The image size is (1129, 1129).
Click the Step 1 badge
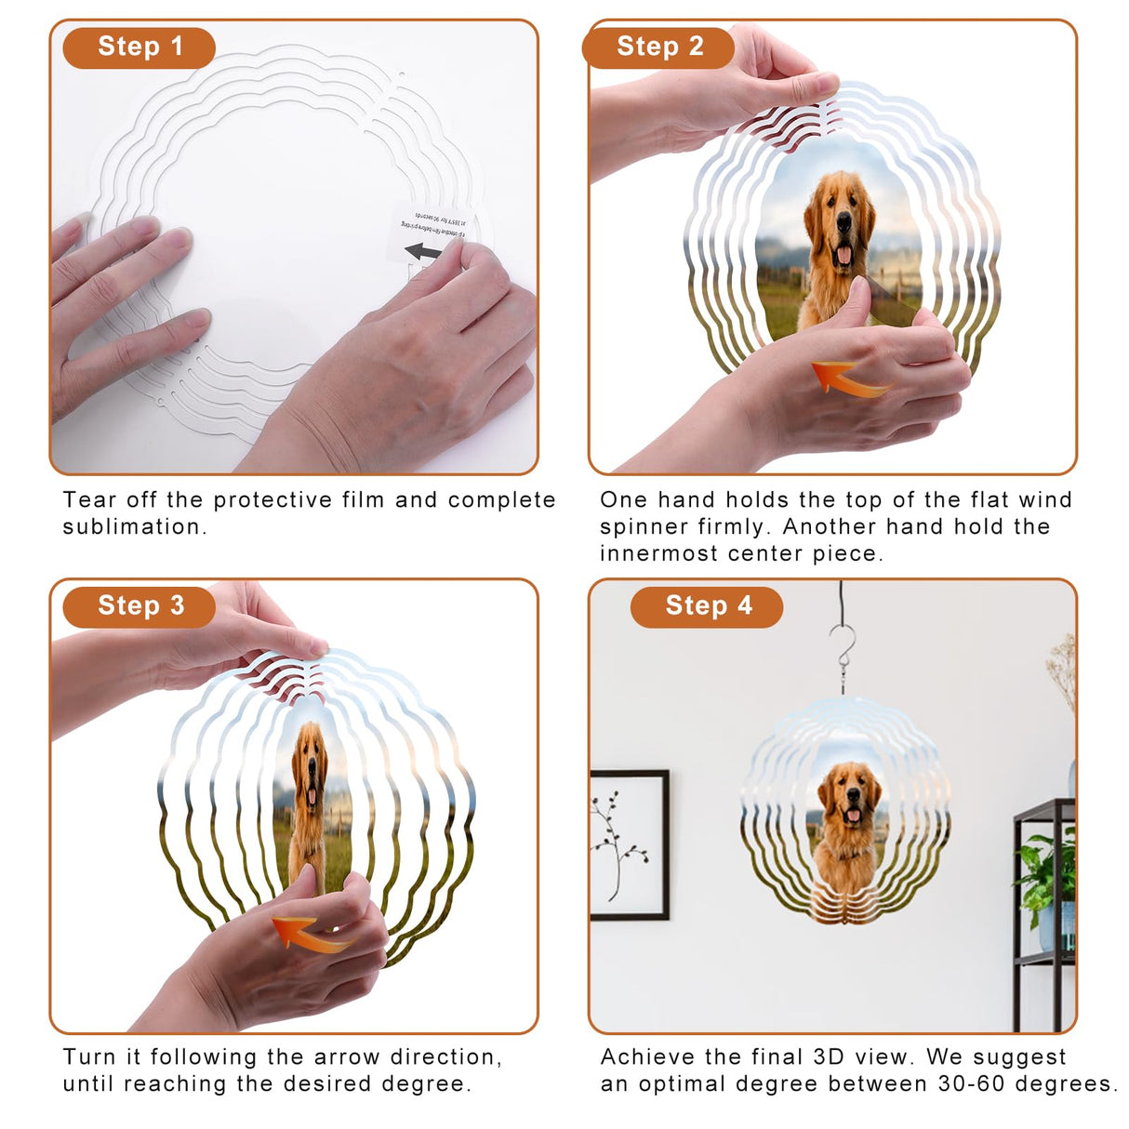139,46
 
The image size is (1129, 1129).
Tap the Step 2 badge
658,46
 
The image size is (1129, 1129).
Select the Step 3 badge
139,605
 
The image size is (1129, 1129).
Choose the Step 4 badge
707,606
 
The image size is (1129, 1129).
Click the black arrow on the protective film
424,251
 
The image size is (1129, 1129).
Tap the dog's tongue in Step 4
852,816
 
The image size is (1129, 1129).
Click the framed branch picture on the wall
629,844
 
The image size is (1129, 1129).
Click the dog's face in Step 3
310,767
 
